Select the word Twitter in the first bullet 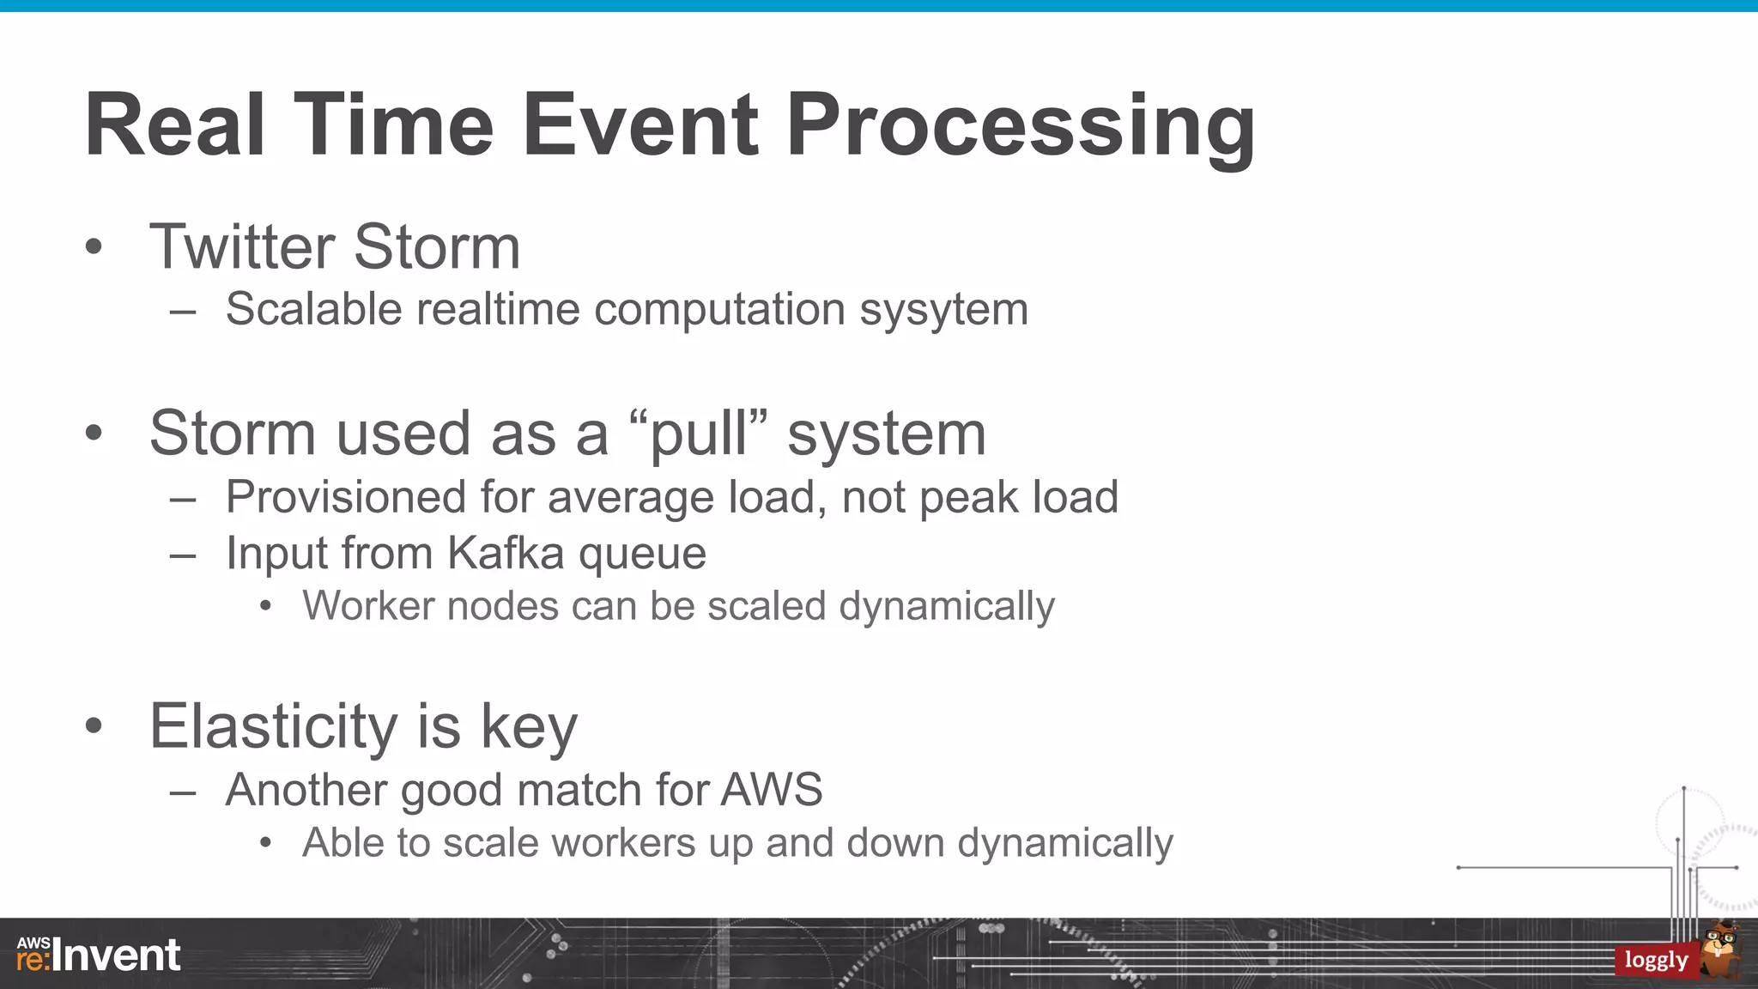[241, 247]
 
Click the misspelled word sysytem [943, 309]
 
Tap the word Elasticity [273, 726]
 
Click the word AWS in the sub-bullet [771, 790]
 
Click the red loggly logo [1656, 960]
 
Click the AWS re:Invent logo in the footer [99, 955]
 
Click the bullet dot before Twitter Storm [94, 248]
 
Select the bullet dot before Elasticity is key [94, 726]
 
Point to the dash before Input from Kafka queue [183, 556]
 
